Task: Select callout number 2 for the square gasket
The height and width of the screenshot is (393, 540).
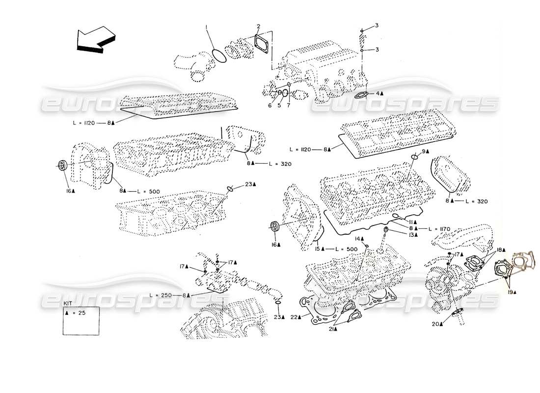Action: point(259,26)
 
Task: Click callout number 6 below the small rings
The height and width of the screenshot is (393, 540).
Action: point(270,105)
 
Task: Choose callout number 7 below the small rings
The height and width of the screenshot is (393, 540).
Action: point(289,105)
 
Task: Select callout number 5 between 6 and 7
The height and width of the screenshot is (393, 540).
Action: point(279,105)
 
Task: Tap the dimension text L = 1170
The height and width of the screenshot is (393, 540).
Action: point(439,228)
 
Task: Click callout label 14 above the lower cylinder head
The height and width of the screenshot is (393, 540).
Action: point(358,239)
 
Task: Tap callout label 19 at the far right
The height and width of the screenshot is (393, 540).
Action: point(512,291)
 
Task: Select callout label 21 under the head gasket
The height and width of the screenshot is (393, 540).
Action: point(333,329)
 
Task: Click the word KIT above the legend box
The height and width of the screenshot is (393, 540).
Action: point(67,303)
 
